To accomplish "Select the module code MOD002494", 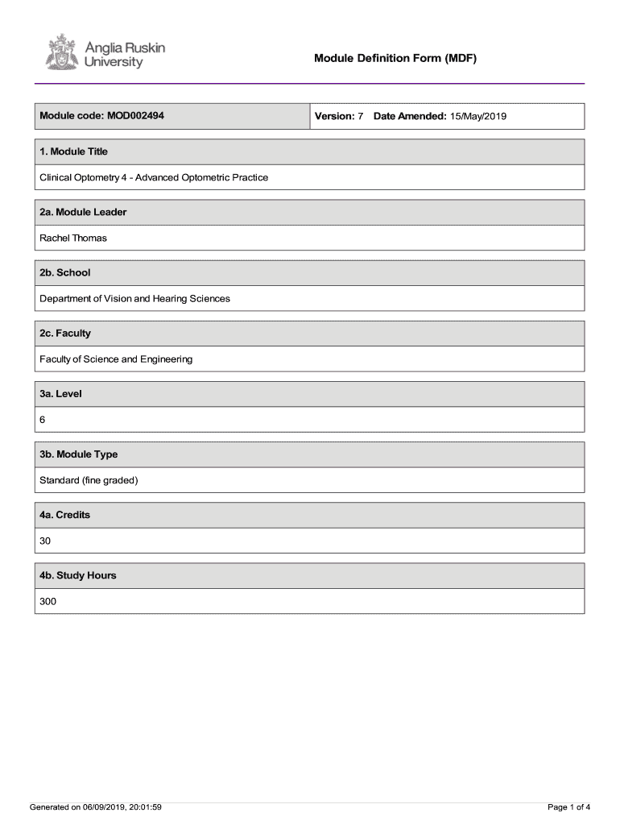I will (134, 116).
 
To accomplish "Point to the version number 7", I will (361, 117).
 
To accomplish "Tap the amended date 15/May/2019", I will (477, 117).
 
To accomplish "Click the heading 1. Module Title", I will (74, 151).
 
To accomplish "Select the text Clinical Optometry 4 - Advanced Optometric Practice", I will (154, 177).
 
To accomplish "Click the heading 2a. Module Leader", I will (83, 212).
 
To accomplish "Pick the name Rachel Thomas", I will (73, 238).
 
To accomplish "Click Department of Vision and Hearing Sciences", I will (134, 298).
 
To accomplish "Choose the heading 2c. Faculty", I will (65, 333).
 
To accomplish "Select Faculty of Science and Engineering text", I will (116, 359).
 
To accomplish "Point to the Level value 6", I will (43, 420).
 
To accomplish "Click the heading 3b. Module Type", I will (79, 454).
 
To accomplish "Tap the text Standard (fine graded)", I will (89, 480).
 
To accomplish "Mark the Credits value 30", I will (45, 541).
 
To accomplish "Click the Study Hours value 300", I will (48, 602).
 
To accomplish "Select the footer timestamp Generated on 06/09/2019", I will (96, 806).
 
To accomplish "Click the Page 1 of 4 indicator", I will (568, 806).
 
